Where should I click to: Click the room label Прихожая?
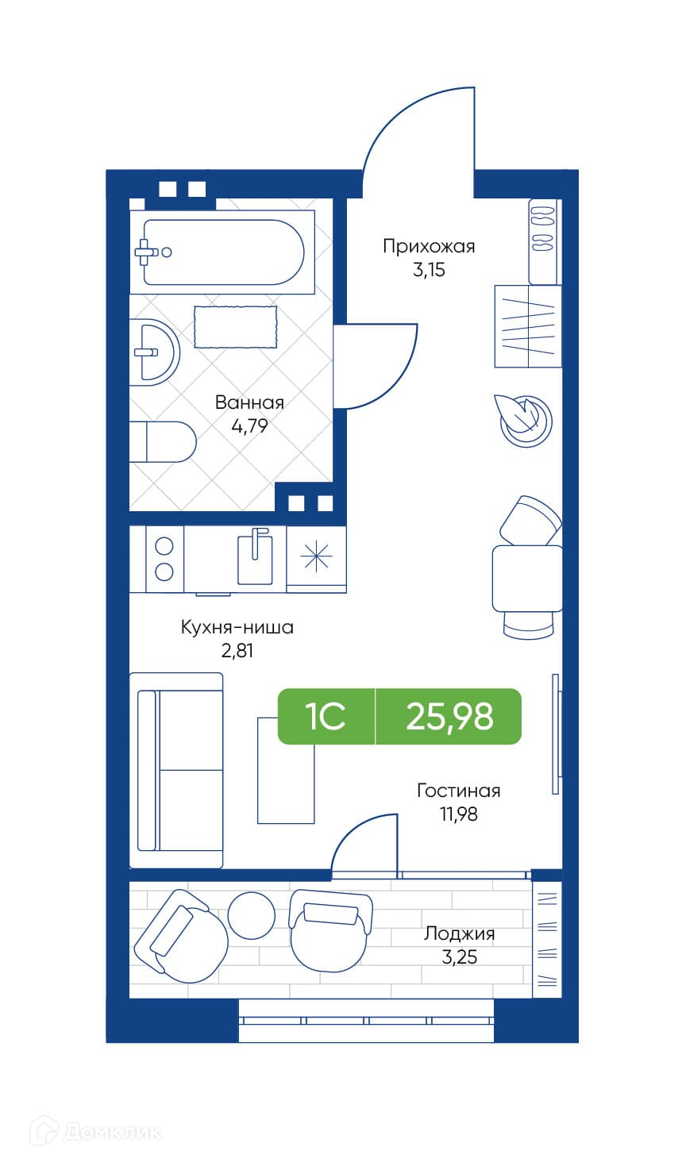[429, 246]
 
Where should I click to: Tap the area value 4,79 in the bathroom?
[249, 425]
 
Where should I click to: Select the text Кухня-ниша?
[237, 627]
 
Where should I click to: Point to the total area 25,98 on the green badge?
[449, 716]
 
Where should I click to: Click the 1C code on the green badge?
[326, 716]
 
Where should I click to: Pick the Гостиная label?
[459, 791]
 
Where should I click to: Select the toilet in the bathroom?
[163, 442]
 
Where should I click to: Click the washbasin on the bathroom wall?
[154, 352]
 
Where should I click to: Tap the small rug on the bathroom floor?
[236, 327]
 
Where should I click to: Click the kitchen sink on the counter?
[255, 558]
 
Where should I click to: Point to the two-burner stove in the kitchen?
[164, 559]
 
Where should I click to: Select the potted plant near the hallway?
[524, 421]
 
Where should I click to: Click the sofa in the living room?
[176, 771]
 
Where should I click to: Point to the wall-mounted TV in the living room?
[556, 734]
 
